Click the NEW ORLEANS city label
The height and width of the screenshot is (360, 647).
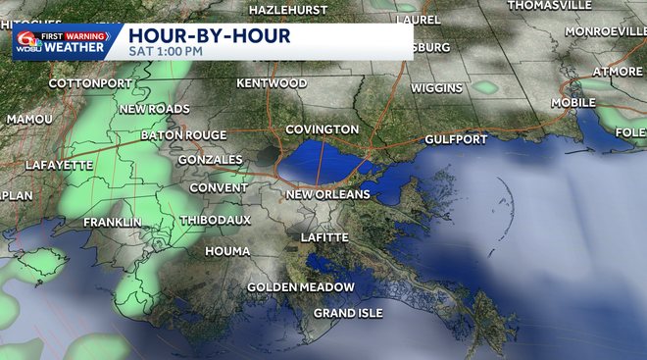point(327,195)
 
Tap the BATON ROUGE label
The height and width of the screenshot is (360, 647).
point(183,135)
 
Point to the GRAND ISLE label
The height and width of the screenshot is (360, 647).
point(348,313)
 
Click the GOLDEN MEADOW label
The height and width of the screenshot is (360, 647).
point(301,287)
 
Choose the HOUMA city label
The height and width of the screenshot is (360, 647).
point(227,252)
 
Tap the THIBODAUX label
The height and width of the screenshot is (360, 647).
point(216,220)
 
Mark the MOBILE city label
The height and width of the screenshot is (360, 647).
point(573,102)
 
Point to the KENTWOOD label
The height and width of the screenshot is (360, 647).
point(272,83)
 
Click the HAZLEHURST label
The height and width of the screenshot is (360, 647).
point(290,9)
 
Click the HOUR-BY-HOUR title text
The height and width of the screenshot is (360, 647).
point(210,36)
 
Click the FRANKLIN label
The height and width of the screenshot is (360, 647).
point(112,223)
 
